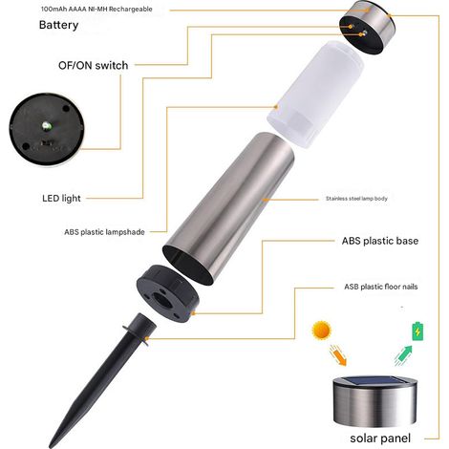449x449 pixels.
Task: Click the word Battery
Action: [58, 25]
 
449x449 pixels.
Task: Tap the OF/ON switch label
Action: [93, 66]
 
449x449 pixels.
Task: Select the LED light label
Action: [61, 199]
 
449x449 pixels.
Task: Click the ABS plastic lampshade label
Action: [104, 232]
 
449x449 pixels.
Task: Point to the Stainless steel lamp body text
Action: [356, 199]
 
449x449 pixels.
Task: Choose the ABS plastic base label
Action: [380, 241]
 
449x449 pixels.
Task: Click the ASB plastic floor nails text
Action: [381, 287]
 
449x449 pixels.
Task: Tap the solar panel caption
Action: [380, 438]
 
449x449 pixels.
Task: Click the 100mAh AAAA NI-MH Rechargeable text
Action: [96, 9]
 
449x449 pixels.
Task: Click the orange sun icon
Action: [322, 330]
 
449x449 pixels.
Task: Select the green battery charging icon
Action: [417, 331]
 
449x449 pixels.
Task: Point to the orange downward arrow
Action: [338, 355]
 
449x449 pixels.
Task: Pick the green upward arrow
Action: [403, 355]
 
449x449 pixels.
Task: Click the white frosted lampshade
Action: [315, 95]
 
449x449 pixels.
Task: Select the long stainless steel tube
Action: [228, 208]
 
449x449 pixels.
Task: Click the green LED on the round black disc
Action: [46, 125]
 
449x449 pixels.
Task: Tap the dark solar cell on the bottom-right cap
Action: [374, 380]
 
